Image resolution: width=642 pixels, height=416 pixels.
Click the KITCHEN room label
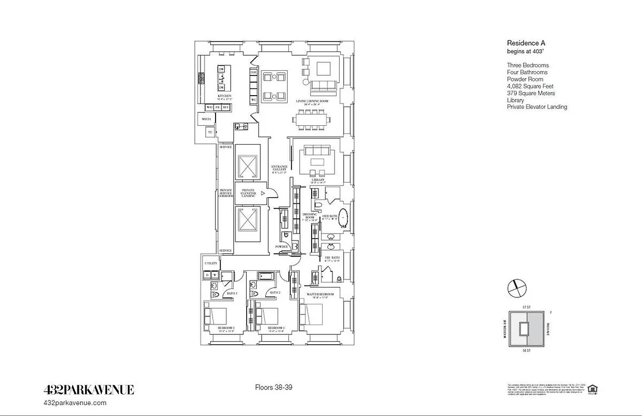[224, 96]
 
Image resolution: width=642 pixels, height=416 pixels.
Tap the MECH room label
[206, 119]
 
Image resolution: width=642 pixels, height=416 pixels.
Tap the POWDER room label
[281, 246]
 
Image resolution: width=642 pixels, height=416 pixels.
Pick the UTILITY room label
[210, 264]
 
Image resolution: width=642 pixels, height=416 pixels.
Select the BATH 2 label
[275, 293]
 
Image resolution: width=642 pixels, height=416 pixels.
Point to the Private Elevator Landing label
[248, 193]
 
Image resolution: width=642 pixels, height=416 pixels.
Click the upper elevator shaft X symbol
[247, 166]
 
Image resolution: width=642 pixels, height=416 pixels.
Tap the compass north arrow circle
[517, 287]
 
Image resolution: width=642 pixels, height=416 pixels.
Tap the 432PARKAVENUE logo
[88, 389]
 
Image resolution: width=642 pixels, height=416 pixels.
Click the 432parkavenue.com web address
[76, 402]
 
